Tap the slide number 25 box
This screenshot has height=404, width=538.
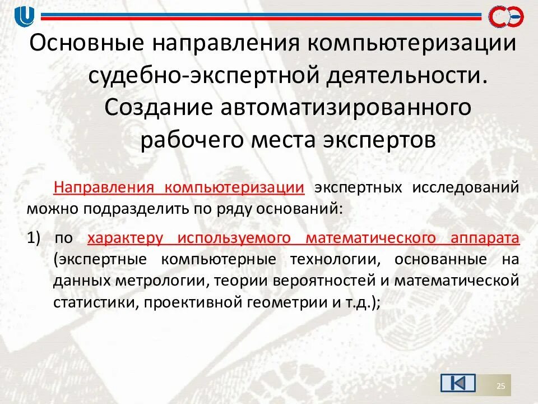pos(501,385)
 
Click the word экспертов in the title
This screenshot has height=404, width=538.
pos(383,139)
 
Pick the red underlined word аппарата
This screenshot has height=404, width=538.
pos(484,238)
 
